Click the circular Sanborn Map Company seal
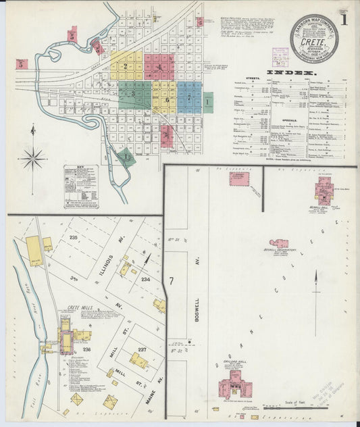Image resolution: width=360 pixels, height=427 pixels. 314,39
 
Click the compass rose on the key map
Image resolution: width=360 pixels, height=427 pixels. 32,159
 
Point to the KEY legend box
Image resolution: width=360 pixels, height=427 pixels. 81,186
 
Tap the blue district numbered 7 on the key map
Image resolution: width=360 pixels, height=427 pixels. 189,96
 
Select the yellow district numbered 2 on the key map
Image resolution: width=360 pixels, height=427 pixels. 126,66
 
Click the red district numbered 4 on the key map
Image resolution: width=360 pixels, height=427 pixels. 159,67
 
